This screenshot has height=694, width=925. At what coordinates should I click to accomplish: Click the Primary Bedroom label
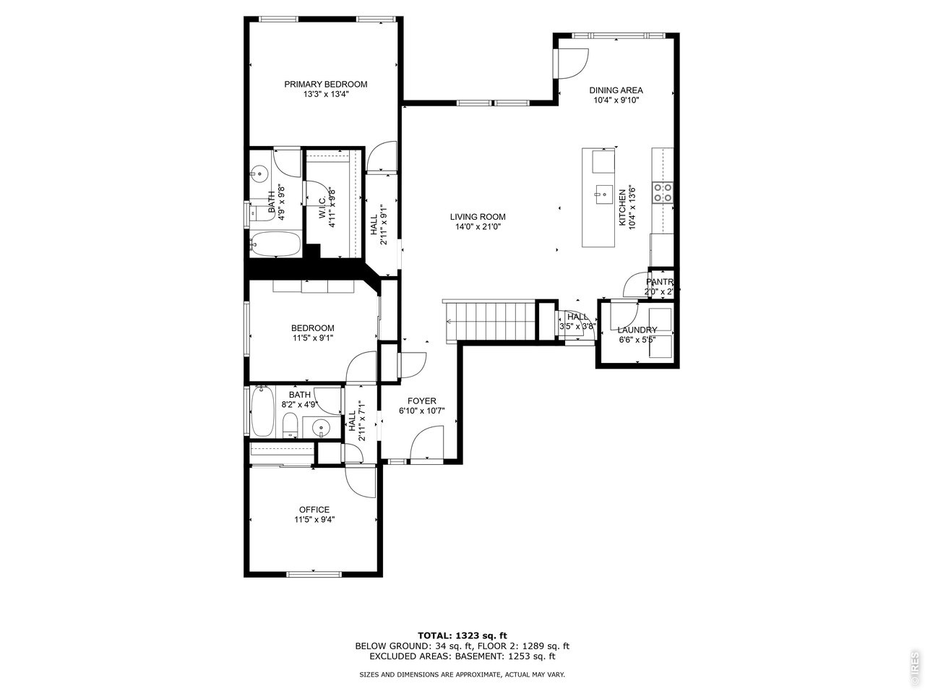[325, 84]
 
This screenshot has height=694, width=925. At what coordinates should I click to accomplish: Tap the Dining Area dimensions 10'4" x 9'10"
[616, 100]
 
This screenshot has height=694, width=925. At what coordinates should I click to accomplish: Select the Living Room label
[477, 217]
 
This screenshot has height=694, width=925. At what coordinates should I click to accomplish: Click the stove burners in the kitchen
[663, 192]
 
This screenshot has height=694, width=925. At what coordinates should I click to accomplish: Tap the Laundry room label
[637, 330]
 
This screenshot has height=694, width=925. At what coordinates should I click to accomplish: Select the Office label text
[314, 510]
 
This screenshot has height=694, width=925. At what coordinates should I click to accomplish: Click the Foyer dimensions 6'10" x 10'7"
[421, 411]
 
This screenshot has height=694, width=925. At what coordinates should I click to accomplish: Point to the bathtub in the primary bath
[275, 244]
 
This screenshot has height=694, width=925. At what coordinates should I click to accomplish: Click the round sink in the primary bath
[259, 173]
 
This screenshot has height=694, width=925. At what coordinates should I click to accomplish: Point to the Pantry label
[659, 282]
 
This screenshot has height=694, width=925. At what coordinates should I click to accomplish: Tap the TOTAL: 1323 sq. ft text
[462, 635]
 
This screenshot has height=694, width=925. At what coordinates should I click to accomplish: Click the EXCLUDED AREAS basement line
[462, 656]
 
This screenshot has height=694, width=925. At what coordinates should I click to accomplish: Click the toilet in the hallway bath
[289, 427]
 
